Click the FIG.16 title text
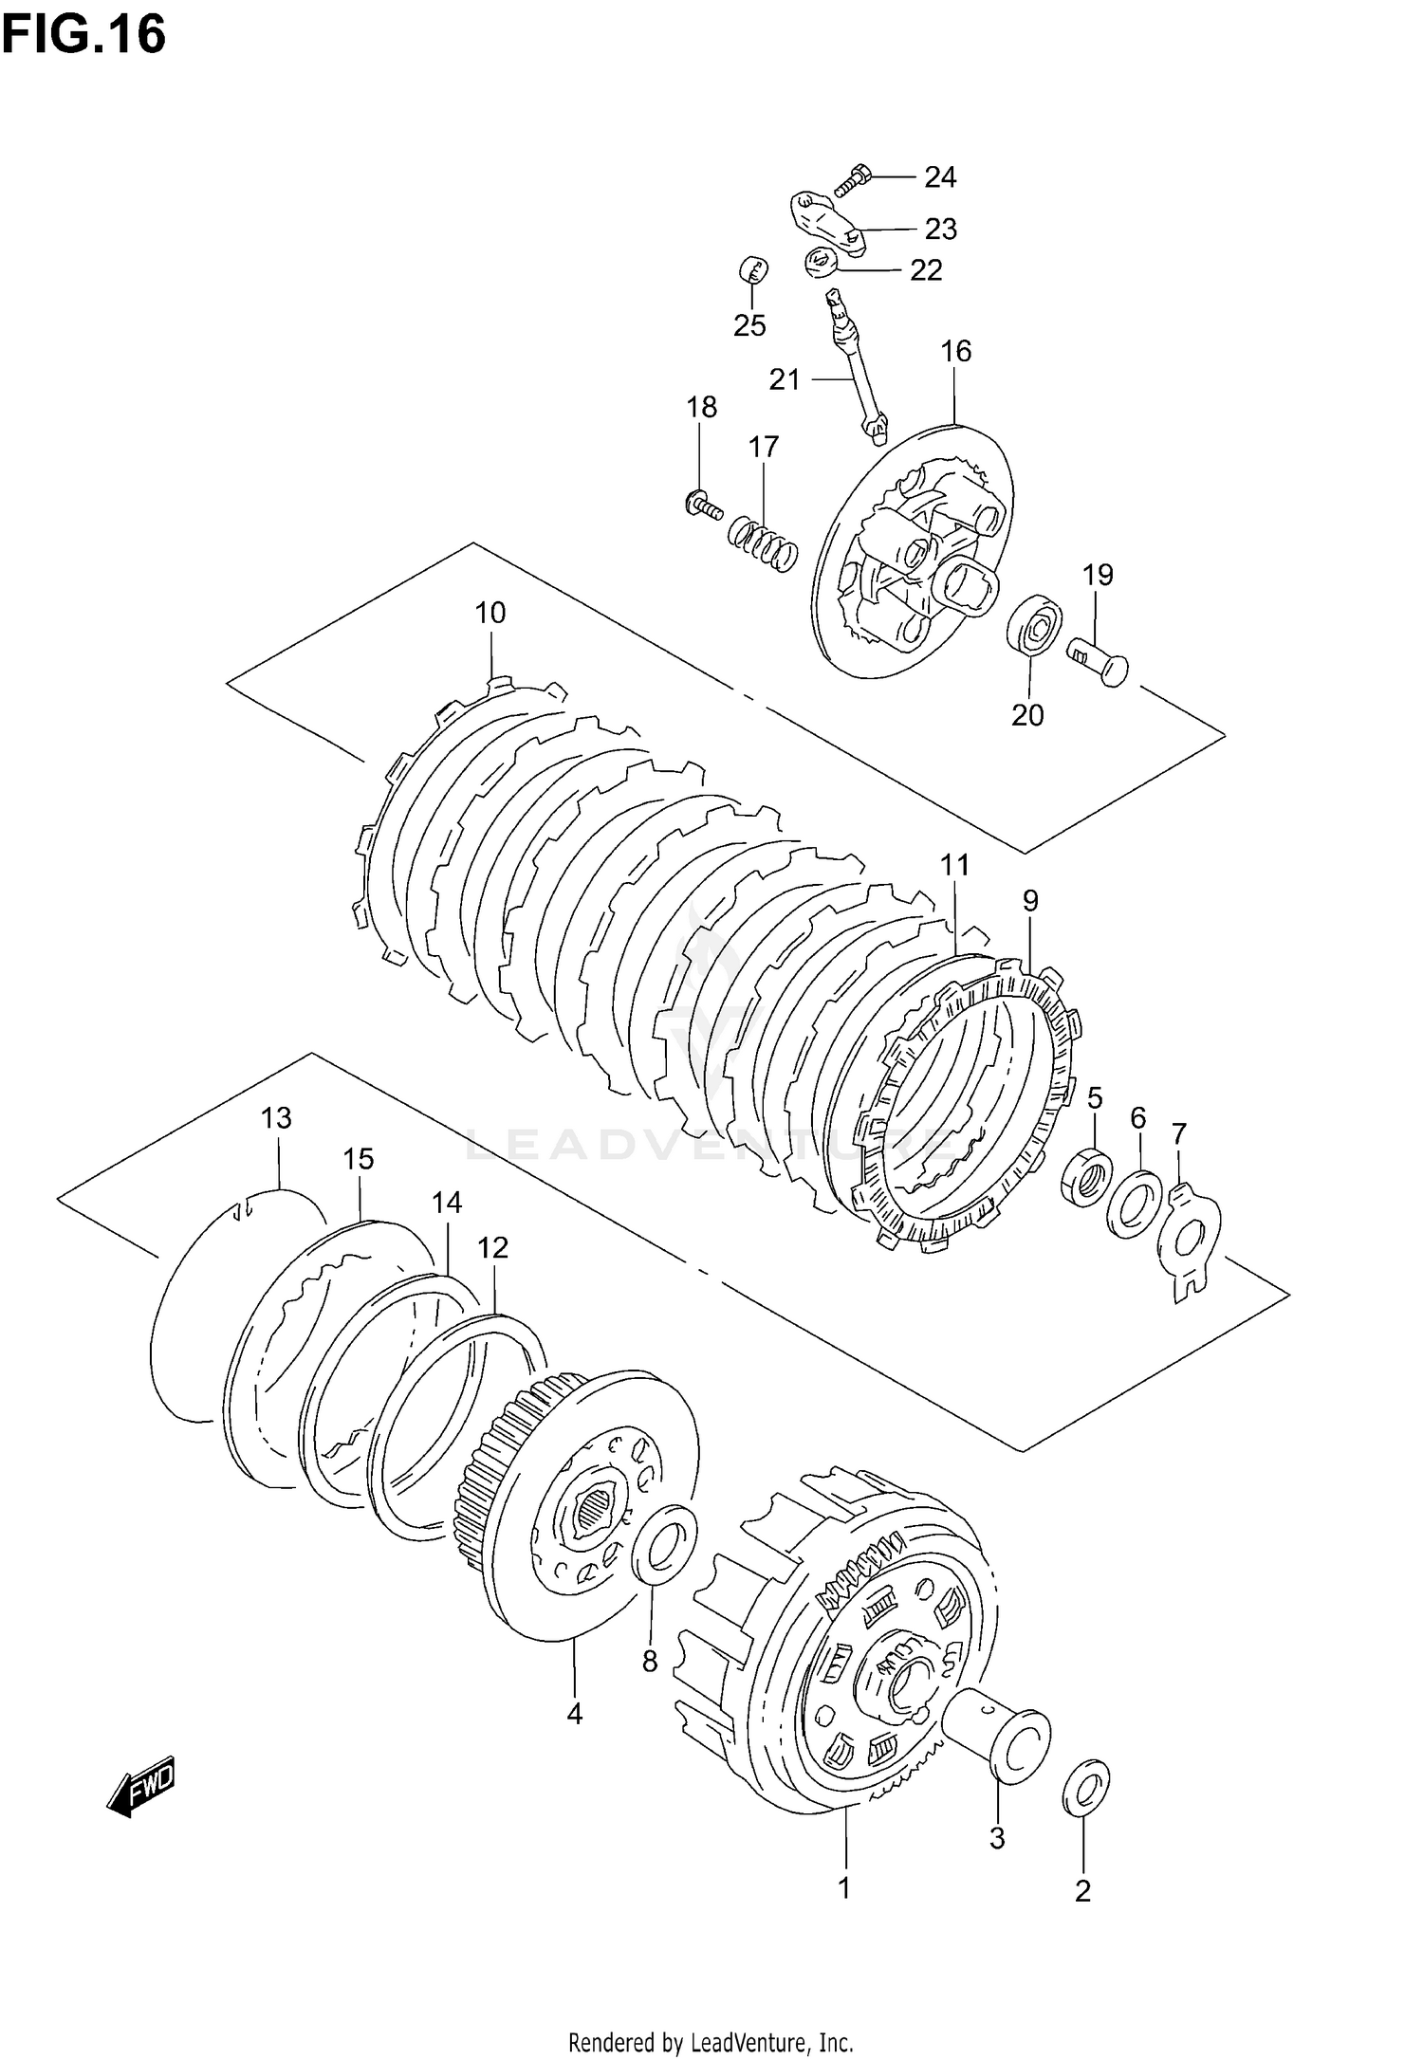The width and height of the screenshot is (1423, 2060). (83, 36)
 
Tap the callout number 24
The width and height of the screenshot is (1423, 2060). (940, 177)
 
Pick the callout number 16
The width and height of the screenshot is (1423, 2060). (956, 352)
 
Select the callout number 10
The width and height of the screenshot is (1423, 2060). (490, 613)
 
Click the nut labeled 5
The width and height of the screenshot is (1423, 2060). (1086, 1176)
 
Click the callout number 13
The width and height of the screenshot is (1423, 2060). (277, 1118)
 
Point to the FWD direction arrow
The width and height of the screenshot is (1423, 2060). (143, 1787)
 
